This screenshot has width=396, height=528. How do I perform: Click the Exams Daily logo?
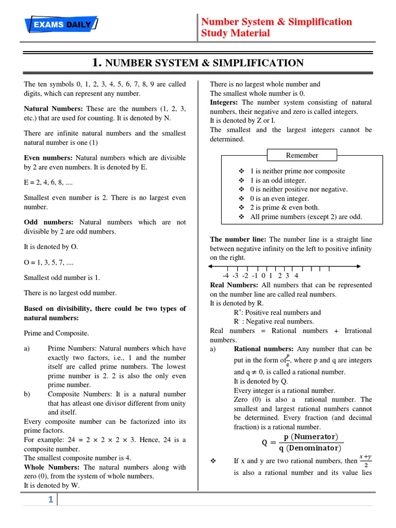click(61, 24)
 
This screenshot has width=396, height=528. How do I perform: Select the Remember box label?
click(302, 155)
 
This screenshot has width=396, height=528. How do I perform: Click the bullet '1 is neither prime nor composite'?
click(297, 171)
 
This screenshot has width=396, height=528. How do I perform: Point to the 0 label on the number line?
click(263, 276)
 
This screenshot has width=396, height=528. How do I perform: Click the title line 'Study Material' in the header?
click(236, 34)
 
